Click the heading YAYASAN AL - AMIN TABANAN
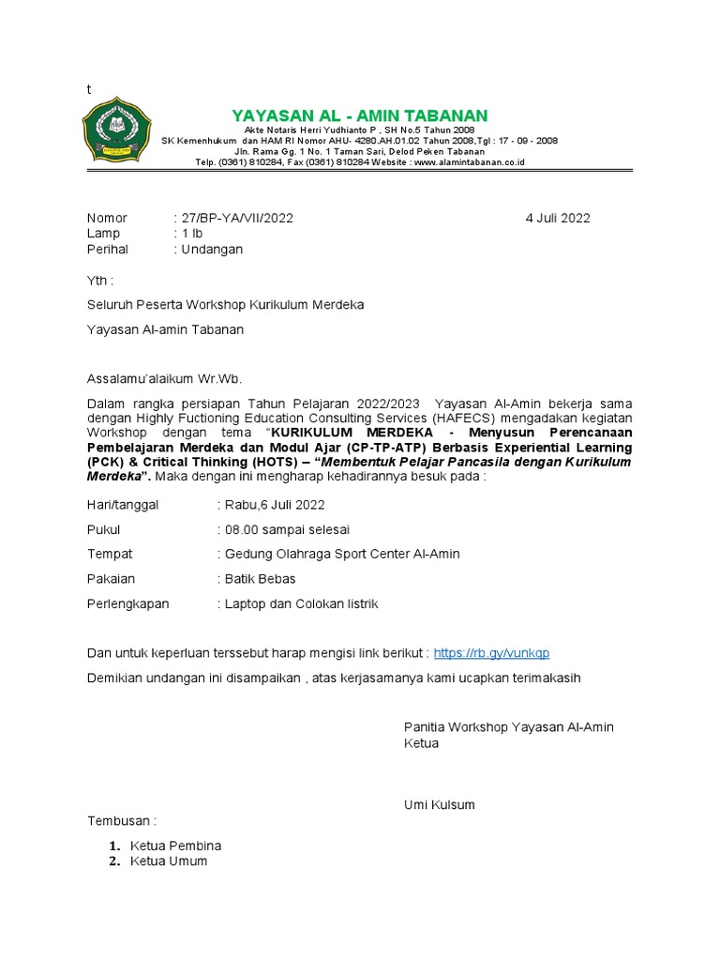pyautogui.click(x=360, y=115)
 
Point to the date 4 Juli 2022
pyautogui.click(x=558, y=218)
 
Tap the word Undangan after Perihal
pyautogui.click(x=212, y=250)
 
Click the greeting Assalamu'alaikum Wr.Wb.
pyautogui.click(x=164, y=379)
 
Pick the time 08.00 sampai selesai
pyautogui.click(x=288, y=529)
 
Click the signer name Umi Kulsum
pyautogui.click(x=439, y=804)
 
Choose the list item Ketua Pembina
pyautogui.click(x=176, y=845)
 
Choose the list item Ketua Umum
pyautogui.click(x=169, y=861)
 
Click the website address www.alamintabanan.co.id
pyautogui.click(x=469, y=162)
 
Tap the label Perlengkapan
pyautogui.click(x=128, y=603)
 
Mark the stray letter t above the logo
pyautogui.click(x=89, y=89)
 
